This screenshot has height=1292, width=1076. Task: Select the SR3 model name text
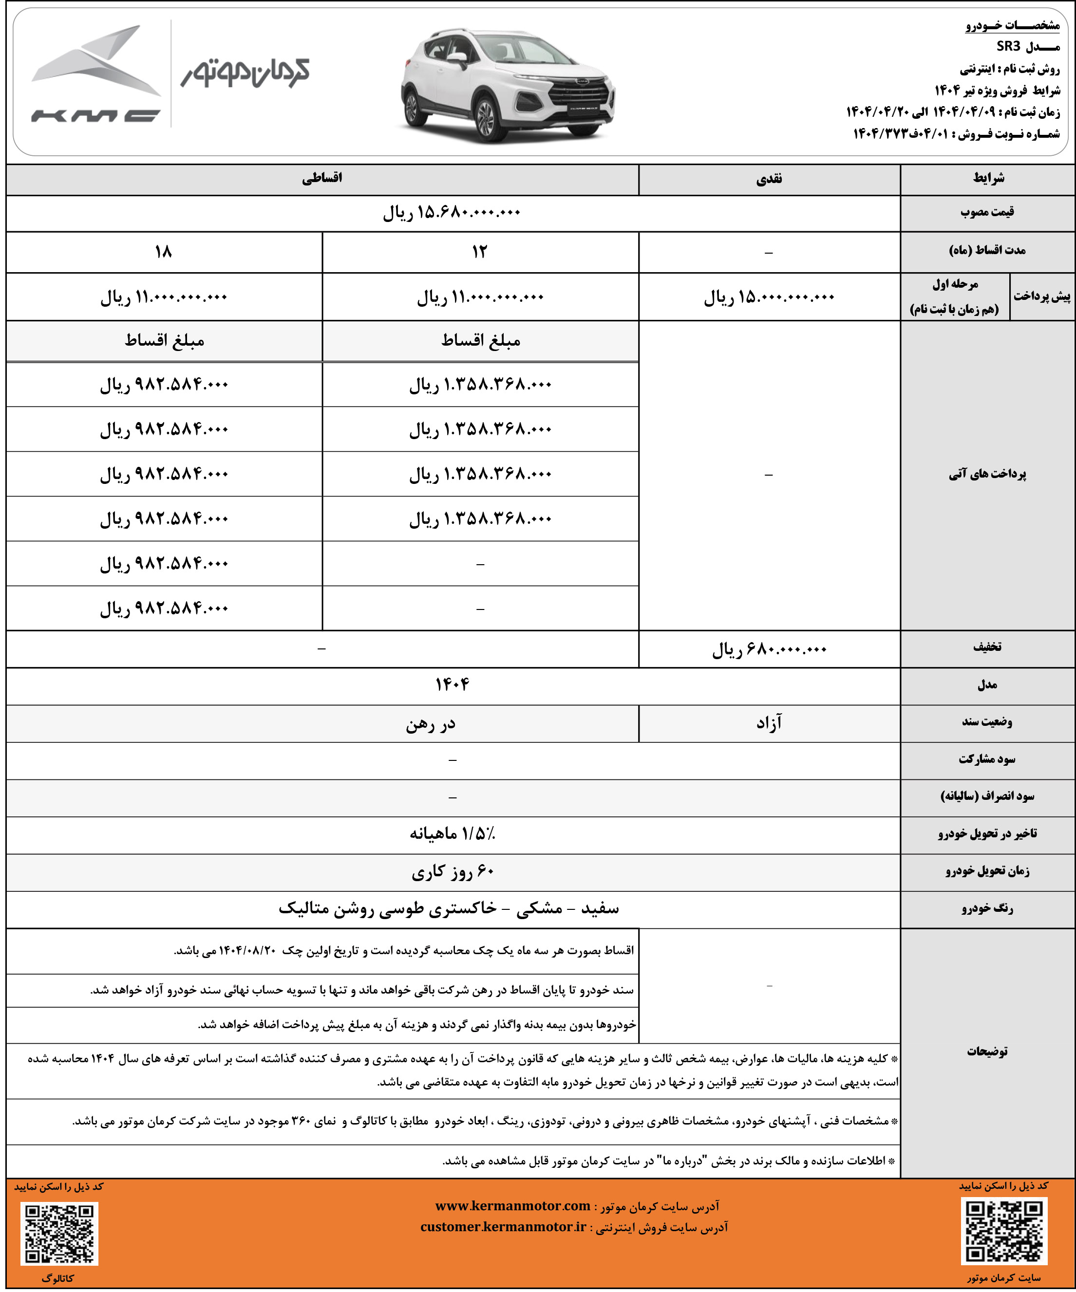(x=1008, y=46)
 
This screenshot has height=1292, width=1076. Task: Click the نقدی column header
(x=769, y=179)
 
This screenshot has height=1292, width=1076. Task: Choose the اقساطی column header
(x=322, y=179)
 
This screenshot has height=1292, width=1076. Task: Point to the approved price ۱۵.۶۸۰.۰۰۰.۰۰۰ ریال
(x=452, y=213)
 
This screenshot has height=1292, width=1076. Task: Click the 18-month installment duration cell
(x=164, y=252)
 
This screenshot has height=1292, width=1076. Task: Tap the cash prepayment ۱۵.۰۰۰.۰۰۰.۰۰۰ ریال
(x=769, y=297)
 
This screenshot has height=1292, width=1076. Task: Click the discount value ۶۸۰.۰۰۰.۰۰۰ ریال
(x=769, y=649)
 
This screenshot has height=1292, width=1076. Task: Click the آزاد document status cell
(x=769, y=723)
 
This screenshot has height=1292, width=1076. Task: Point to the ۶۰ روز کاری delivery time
(x=452, y=871)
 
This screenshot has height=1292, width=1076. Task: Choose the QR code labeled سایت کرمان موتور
(x=1004, y=1231)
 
